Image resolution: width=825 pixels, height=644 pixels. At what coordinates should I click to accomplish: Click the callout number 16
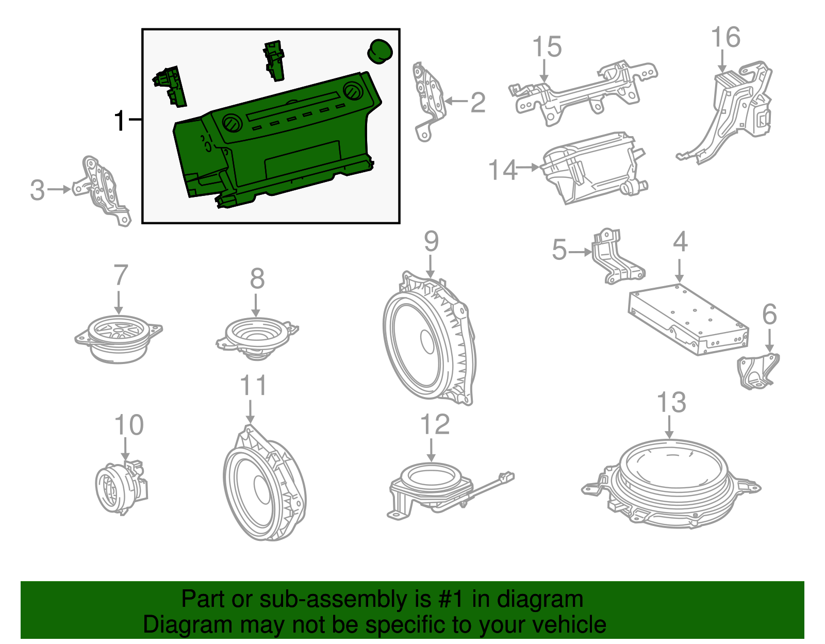[725, 38]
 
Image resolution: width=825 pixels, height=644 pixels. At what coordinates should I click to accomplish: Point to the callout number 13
[672, 403]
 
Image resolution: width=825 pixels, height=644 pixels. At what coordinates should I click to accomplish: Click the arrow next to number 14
[528, 167]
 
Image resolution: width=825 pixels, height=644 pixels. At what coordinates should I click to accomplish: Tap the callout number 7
[120, 275]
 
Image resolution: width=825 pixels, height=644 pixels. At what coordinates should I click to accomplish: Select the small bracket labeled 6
[757, 371]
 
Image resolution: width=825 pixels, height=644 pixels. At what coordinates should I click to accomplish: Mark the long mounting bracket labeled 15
[583, 93]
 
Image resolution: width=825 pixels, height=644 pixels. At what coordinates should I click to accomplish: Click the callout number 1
[120, 121]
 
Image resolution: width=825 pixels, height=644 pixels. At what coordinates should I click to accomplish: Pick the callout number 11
[254, 386]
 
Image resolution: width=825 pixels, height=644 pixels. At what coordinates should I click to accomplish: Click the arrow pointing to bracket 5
[581, 252]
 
